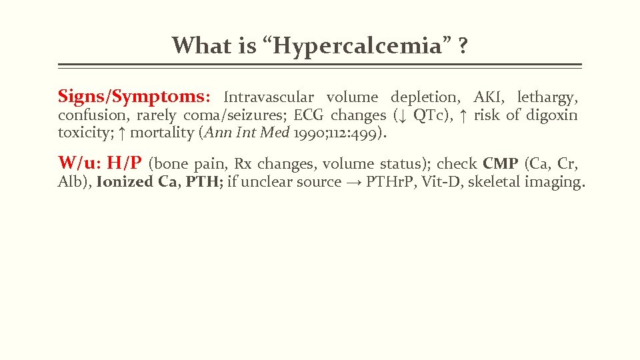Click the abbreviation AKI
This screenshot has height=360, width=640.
coord(488,97)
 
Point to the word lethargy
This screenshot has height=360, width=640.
coord(547,97)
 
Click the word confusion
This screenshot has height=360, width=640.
coord(87,115)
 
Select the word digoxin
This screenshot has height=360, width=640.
coord(552,115)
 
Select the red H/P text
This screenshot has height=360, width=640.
coord(124,163)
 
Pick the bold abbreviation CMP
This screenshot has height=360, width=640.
coord(501,163)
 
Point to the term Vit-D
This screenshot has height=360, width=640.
coord(440,182)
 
